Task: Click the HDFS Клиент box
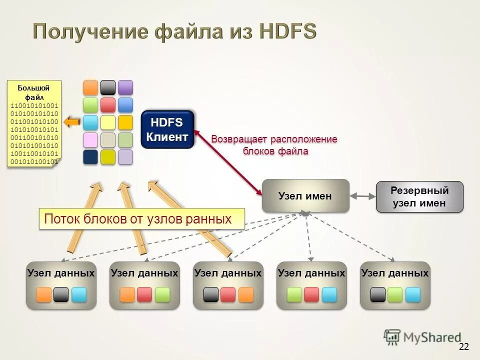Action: (x=167, y=129)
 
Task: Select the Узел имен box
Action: (x=305, y=196)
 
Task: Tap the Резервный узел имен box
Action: (x=419, y=197)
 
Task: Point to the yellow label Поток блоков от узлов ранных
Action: (x=142, y=219)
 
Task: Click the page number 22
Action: (x=463, y=346)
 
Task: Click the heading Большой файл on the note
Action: (x=34, y=92)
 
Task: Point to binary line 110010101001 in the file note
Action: (x=34, y=105)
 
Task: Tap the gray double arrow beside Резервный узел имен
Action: (x=362, y=196)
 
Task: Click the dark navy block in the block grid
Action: (x=90, y=157)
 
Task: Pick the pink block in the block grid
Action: (x=90, y=139)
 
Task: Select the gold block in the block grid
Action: (x=125, y=122)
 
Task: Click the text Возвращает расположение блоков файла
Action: (x=274, y=144)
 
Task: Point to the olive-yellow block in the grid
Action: (x=108, y=157)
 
